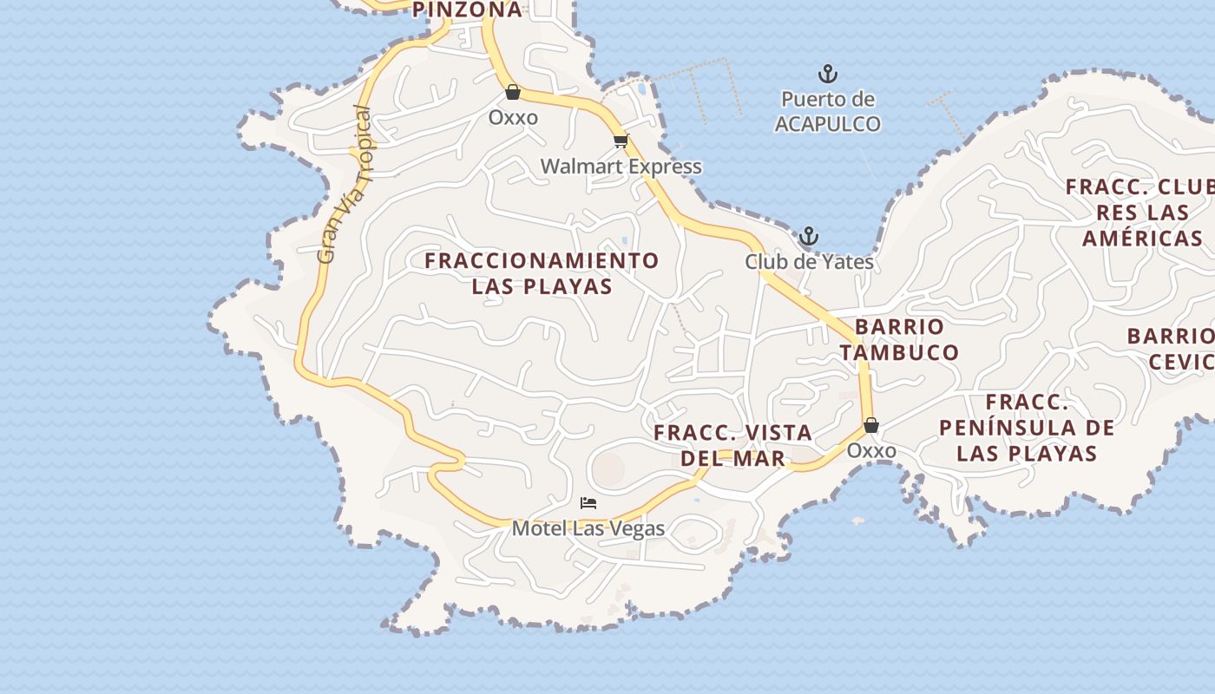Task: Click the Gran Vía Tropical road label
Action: click(345, 185)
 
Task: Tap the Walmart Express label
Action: click(621, 166)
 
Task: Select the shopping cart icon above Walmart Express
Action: click(620, 141)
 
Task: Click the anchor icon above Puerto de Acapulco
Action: click(828, 74)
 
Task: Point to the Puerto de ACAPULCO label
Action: click(827, 112)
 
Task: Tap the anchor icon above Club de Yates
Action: click(809, 236)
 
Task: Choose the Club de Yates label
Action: click(809, 261)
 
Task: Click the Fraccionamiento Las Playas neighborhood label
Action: click(542, 273)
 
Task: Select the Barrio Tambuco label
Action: click(899, 339)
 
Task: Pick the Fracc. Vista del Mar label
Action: click(732, 445)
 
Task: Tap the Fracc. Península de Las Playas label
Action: click(1027, 428)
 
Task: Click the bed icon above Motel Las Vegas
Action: click(588, 503)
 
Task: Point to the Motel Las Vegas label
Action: click(588, 528)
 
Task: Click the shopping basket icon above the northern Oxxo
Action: click(513, 92)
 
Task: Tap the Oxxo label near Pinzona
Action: click(513, 117)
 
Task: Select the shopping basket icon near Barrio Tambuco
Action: click(871, 425)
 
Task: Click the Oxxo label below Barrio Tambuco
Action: click(871, 451)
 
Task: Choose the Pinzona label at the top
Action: click(467, 10)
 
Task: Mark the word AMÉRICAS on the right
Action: click(1142, 239)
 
